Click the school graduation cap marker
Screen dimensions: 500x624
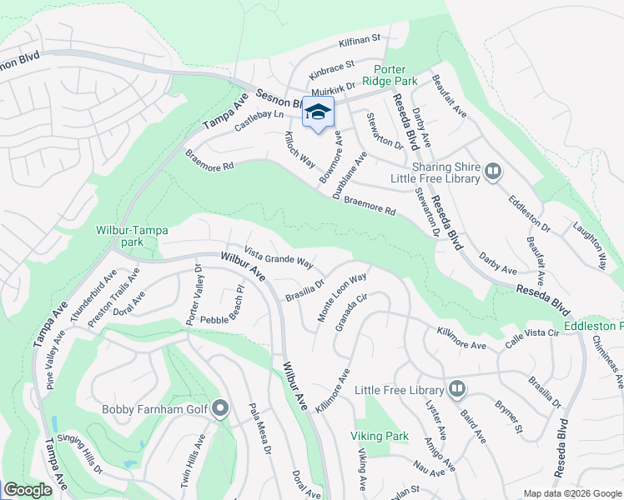[x=318, y=113]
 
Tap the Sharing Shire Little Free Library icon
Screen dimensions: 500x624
[x=493, y=172]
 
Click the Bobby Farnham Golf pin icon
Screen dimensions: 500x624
[x=220, y=408]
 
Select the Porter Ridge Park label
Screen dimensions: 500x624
[x=383, y=76]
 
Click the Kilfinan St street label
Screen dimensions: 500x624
[x=360, y=38]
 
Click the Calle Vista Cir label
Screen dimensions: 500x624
[x=531, y=333]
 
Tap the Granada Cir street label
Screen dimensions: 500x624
[x=351, y=311]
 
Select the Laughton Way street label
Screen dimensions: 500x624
[x=589, y=244]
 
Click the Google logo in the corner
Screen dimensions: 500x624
[x=28, y=490]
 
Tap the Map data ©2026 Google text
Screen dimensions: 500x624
[x=572, y=493]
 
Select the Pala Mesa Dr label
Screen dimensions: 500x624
[x=261, y=428]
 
